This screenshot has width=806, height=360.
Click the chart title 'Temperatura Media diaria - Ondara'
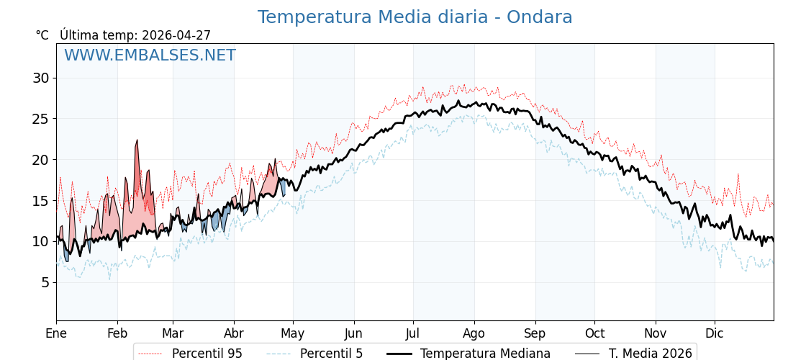pyautogui.click(x=415, y=17)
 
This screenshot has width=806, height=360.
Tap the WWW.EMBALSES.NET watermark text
pyautogui.click(x=150, y=55)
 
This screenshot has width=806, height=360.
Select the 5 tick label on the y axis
pyautogui.click(x=45, y=282)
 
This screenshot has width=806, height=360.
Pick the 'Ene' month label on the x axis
pyautogui.click(x=56, y=334)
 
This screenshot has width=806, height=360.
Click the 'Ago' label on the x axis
pyautogui.click(x=474, y=334)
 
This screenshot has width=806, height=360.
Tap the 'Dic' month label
pyautogui.click(x=715, y=334)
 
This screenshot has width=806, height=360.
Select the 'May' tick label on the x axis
pyautogui.click(x=293, y=334)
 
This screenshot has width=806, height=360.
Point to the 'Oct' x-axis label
pyautogui.click(x=594, y=334)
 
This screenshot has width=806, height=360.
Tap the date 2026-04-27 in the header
pyautogui.click(x=176, y=35)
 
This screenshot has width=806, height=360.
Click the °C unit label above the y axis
pyautogui.click(x=42, y=35)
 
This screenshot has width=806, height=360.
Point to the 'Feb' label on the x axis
pyautogui.click(x=117, y=334)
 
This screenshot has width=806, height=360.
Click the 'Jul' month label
pyautogui.click(x=413, y=334)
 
